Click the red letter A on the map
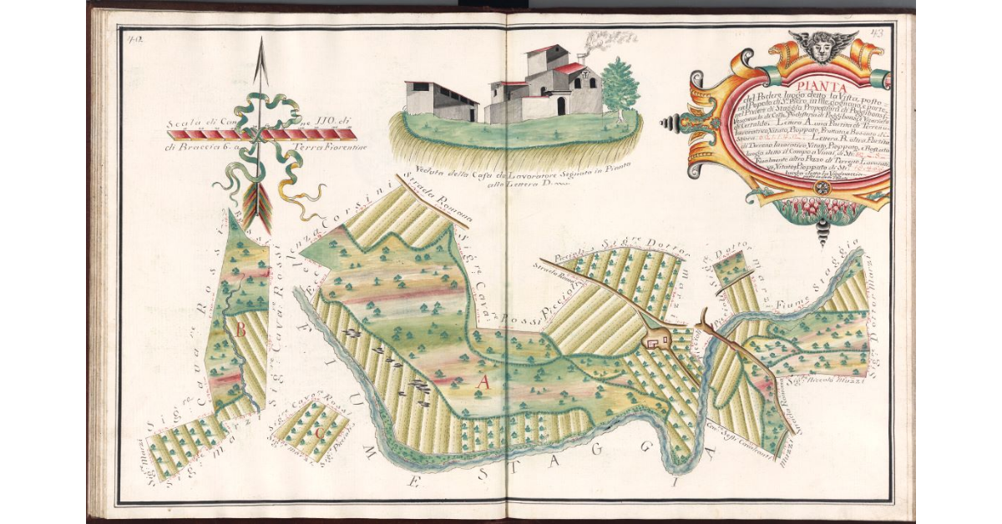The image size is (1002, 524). (482, 382)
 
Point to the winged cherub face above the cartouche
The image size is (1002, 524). (822, 45)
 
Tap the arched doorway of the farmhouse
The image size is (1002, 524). (561, 105)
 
